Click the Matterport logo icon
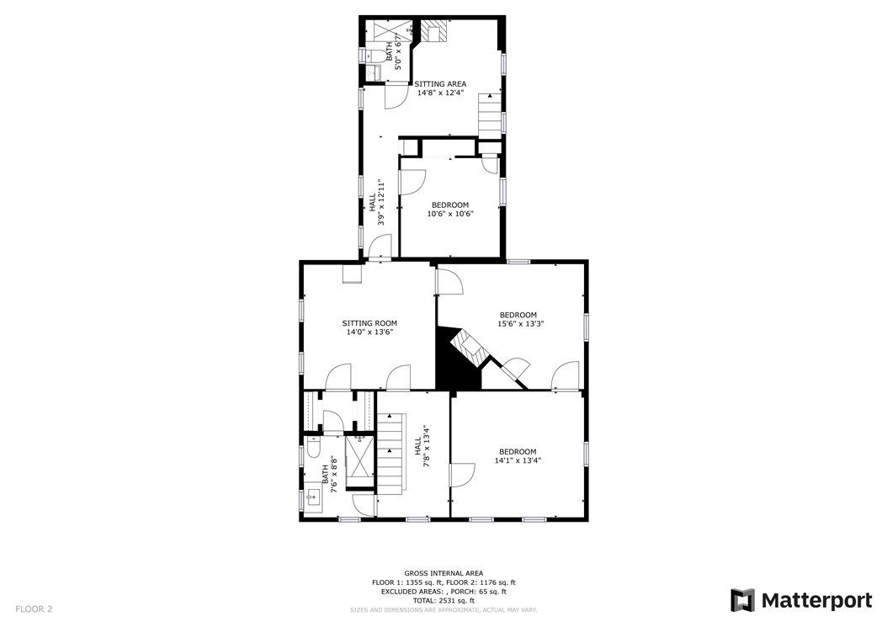pyautogui.click(x=742, y=600)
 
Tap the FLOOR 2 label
pyautogui.click(x=34, y=608)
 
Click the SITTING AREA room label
pyautogui.click(x=440, y=84)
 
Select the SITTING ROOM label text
pyautogui.click(x=369, y=323)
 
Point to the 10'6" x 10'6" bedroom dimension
pyautogui.click(x=450, y=214)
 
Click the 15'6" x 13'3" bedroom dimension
pyautogui.click(x=518, y=324)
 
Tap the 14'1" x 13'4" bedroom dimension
pyautogui.click(x=518, y=460)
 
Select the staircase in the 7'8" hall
pyautogui.click(x=390, y=454)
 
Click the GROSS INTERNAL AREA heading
pyautogui.click(x=443, y=573)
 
